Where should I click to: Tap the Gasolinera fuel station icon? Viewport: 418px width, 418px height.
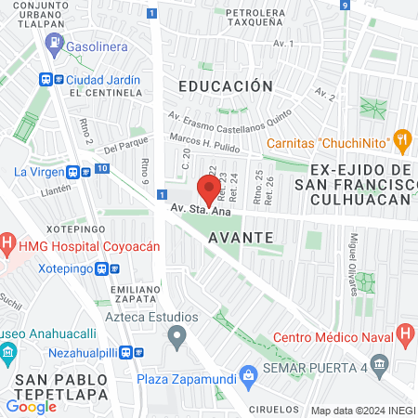(58, 42)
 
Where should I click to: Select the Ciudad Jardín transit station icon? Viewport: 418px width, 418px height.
(45, 80)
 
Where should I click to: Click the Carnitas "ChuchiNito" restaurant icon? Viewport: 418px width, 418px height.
(402, 142)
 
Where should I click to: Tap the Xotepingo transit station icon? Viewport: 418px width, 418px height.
(114, 268)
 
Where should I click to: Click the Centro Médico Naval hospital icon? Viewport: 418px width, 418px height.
(405, 333)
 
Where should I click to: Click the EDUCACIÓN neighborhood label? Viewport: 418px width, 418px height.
(226, 85)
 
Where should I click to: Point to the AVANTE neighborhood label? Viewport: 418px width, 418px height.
(241, 237)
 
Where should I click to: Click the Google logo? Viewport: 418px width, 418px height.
(31, 406)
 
